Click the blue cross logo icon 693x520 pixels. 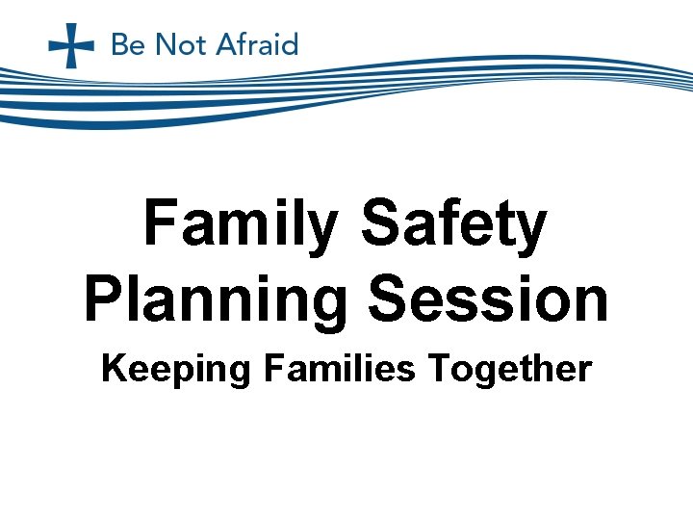[x=71, y=45]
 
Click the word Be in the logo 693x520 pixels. [x=129, y=45]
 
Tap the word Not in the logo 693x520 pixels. [x=181, y=45]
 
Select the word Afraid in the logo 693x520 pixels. [x=257, y=45]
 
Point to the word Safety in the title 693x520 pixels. [x=453, y=226]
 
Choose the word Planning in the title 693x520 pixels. [x=214, y=299]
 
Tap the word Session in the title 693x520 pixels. [x=490, y=299]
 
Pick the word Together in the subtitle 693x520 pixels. [x=510, y=369]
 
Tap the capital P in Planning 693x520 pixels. [x=103, y=299]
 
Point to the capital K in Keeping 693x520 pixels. [x=113, y=369]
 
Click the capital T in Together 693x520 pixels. [x=440, y=369]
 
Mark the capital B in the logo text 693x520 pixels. [x=120, y=45]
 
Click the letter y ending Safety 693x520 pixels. [x=529, y=231]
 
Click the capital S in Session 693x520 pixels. [x=391, y=299]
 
